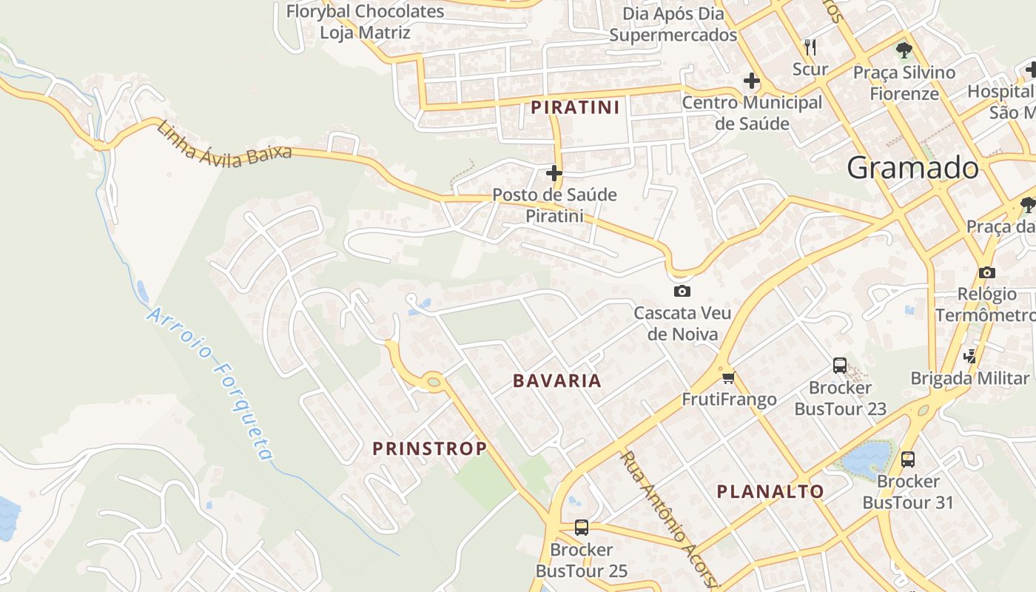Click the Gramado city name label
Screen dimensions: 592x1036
[912, 168]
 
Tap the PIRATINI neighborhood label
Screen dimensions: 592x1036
[575, 107]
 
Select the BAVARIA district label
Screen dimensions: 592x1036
[557, 381]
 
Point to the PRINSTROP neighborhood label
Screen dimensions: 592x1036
[429, 448]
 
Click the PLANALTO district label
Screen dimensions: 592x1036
[770, 491]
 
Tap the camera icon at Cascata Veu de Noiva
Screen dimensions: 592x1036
[682, 291]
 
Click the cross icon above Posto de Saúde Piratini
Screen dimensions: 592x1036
[554, 173]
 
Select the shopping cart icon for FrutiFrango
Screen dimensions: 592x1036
[728, 378]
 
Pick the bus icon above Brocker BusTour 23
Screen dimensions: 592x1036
[840, 365]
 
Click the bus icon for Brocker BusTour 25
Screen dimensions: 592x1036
[582, 528]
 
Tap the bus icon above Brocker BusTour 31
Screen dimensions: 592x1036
[908, 460]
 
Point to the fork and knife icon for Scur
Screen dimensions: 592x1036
[810, 47]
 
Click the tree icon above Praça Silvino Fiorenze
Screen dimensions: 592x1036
[904, 50]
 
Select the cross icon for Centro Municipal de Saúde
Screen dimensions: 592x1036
[752, 80]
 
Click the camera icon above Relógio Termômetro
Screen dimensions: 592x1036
[986, 272]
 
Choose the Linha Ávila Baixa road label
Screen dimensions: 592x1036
[223, 144]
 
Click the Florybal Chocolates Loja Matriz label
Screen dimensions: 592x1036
[365, 21]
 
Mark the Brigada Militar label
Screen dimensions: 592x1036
[969, 378]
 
